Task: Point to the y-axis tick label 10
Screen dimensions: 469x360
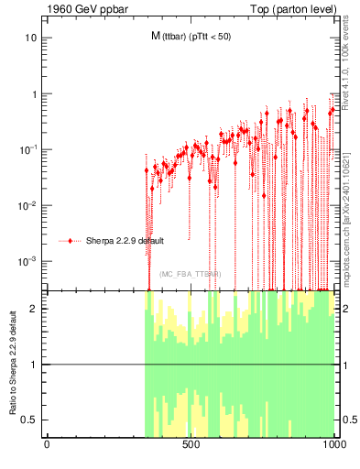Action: click(31, 38)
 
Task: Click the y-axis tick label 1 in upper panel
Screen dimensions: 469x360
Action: click(34, 94)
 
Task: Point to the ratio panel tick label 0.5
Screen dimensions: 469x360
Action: click(29, 420)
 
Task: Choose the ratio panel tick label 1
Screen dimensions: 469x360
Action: click(34, 365)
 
